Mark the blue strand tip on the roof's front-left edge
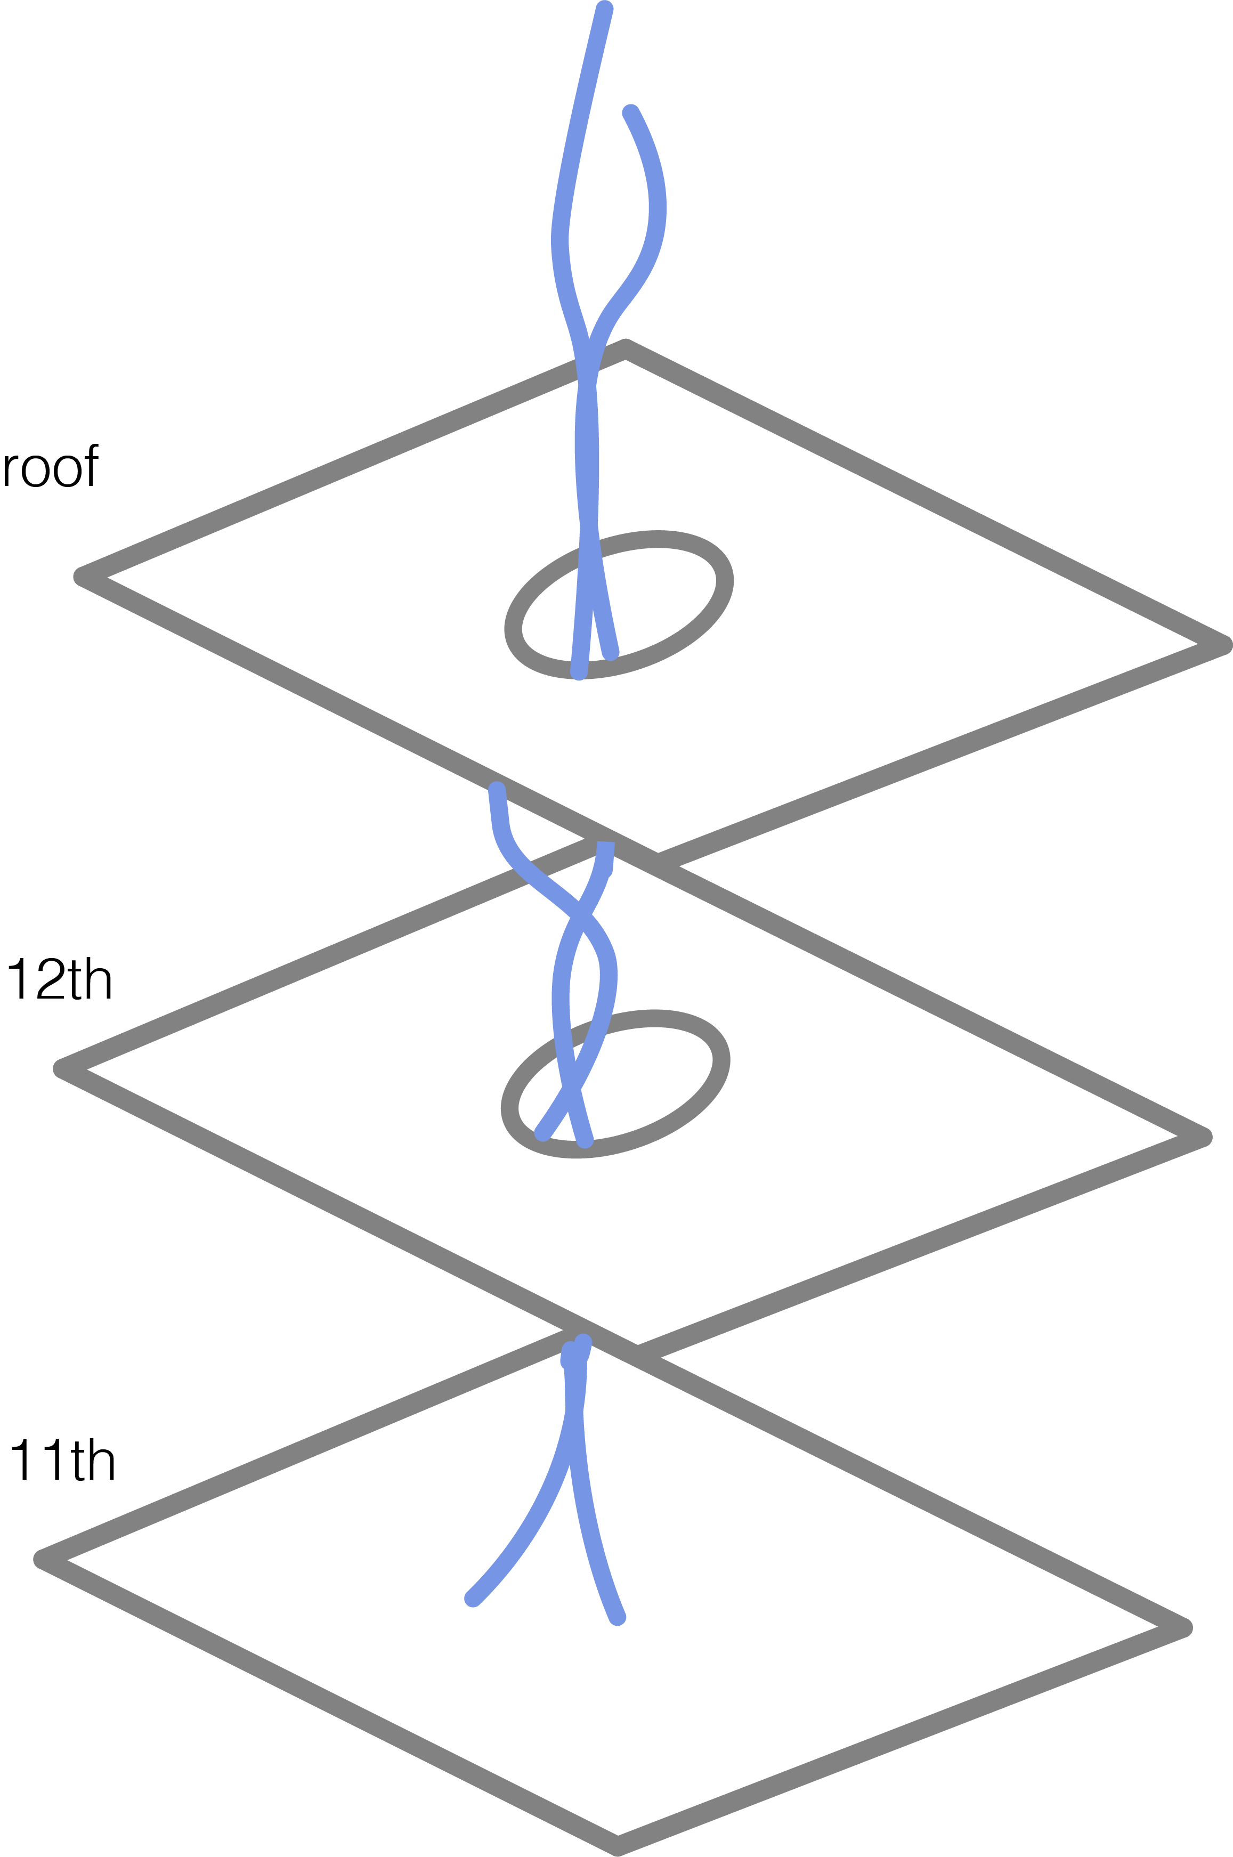(496, 789)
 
